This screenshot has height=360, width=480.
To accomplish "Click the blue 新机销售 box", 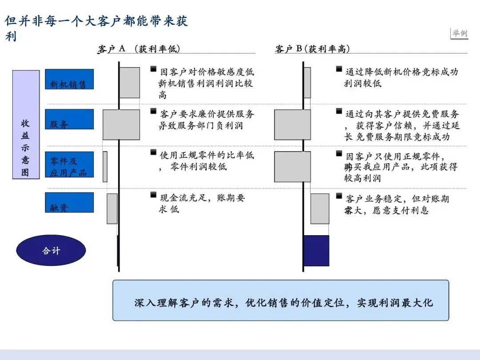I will coord(69,79).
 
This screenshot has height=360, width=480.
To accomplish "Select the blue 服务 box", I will coord(69,119).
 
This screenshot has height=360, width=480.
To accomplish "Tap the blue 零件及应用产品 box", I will coord(69,164).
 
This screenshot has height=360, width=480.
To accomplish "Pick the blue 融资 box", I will coord(69,202).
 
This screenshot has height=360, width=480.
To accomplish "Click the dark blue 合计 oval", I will coord(51,250).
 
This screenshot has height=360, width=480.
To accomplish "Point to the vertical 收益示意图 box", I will coord(26,124).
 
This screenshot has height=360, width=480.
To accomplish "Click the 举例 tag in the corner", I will coord(460,33).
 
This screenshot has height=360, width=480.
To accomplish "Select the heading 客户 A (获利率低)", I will coord(139,49).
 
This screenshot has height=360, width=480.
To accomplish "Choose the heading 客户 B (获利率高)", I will coord(312,49).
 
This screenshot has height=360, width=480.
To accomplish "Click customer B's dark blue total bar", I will coord(316,251).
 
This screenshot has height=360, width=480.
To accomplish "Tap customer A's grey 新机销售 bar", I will coord(129,83).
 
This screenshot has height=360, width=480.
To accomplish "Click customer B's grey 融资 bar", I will coord(320,208).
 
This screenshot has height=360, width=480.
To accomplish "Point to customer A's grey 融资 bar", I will coord(112,208).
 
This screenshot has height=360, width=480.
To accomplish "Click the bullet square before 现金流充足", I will coord(153,195).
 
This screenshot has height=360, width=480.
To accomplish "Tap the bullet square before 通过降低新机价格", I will coord(339,69).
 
